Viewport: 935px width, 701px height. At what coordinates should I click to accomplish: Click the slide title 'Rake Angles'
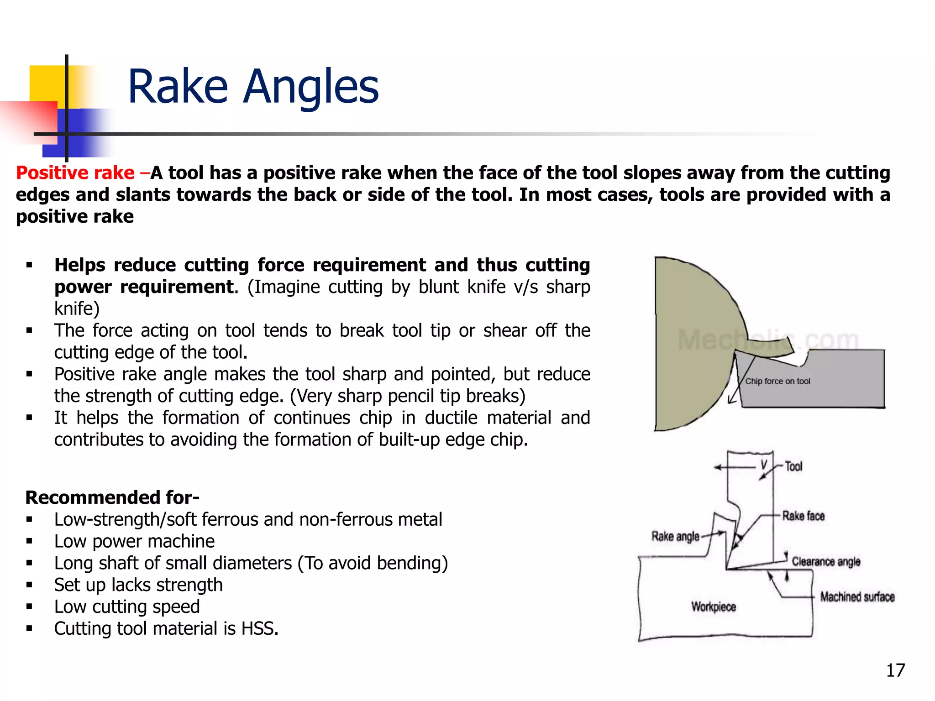tap(253, 87)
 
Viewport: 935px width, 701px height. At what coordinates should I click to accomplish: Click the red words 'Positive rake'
tap(75, 173)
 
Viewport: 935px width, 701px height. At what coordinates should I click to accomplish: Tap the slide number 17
tap(895, 670)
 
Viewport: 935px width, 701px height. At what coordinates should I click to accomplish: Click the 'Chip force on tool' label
tap(777, 382)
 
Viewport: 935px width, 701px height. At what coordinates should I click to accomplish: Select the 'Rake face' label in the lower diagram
tap(803, 516)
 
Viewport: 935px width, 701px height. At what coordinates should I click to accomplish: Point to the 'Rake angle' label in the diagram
tap(675, 536)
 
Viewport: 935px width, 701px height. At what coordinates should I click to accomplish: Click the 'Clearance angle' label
tap(825, 561)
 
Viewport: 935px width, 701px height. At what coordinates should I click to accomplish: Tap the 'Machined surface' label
tap(857, 597)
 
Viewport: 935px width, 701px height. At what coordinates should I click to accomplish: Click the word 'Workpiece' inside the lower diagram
tap(713, 607)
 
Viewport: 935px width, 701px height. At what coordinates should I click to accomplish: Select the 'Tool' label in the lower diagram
tap(793, 466)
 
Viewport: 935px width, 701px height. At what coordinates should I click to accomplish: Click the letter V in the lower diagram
tap(764, 465)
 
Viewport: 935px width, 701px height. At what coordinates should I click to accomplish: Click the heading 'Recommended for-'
tap(112, 497)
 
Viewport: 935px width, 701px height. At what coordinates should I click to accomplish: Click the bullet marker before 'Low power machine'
tap(29, 542)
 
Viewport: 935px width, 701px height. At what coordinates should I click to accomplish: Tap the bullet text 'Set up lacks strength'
tap(138, 585)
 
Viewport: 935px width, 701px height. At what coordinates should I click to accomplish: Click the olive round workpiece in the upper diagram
tap(689, 347)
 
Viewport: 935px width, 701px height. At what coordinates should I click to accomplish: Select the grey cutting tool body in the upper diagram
tap(822, 388)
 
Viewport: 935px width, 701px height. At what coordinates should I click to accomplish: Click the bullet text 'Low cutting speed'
tap(127, 607)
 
